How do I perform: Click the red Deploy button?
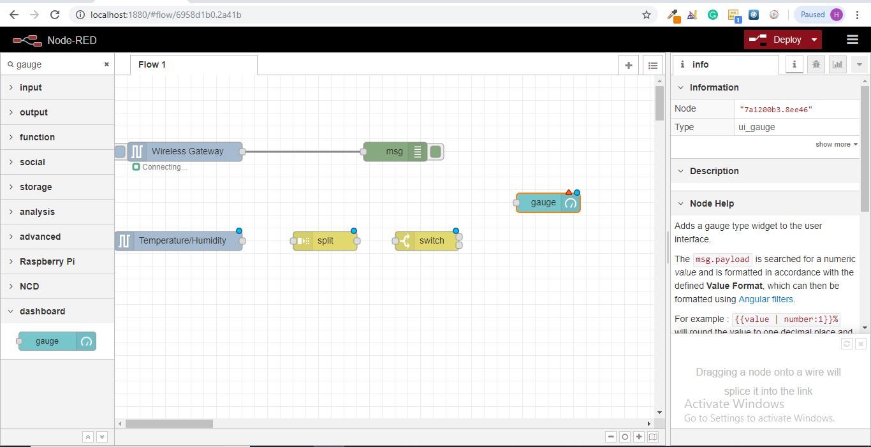(782, 40)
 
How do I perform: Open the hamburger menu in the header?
(853, 40)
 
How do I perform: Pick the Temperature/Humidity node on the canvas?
(179, 241)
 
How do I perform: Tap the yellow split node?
(325, 241)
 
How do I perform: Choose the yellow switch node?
(427, 241)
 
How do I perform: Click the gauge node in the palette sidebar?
(57, 341)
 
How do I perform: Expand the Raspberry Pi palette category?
(47, 261)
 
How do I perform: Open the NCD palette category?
(29, 286)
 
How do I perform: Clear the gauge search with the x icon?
(106, 64)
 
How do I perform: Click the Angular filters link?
(766, 299)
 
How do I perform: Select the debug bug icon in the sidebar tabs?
(816, 64)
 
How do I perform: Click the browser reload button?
(55, 15)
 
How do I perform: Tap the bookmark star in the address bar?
(647, 15)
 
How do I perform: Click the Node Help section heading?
(712, 203)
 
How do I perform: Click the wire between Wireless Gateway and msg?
(303, 152)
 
